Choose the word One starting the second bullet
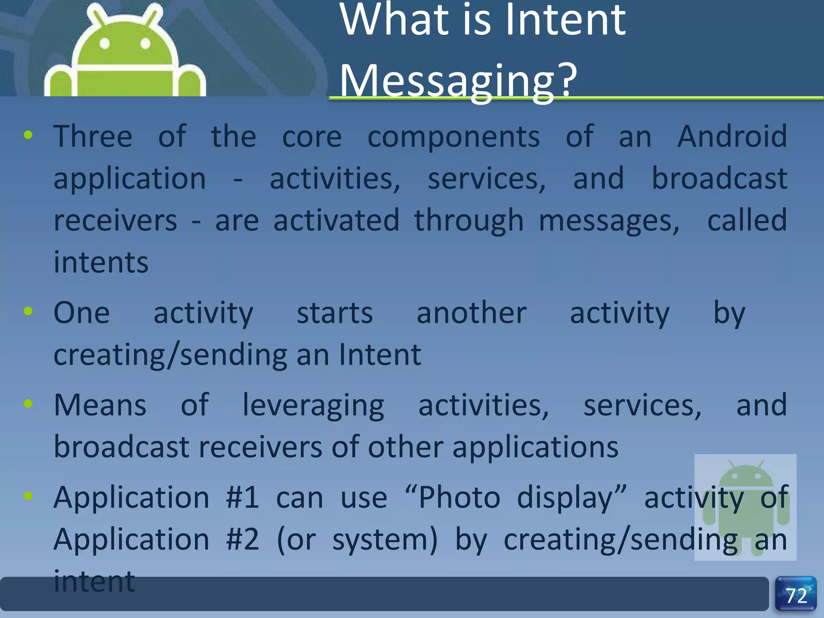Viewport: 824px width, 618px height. click(x=82, y=313)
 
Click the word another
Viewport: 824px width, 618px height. click(x=472, y=313)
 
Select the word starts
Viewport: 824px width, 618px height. click(x=335, y=313)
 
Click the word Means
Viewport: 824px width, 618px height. click(x=100, y=405)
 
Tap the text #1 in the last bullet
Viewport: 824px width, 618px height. click(x=243, y=497)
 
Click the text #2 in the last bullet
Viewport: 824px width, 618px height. click(x=243, y=539)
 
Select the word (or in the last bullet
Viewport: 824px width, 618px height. click(x=297, y=540)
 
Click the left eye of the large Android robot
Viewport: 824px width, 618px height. click(x=105, y=43)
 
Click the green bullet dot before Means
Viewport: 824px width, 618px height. click(x=28, y=404)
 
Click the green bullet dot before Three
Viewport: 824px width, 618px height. click(x=28, y=135)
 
